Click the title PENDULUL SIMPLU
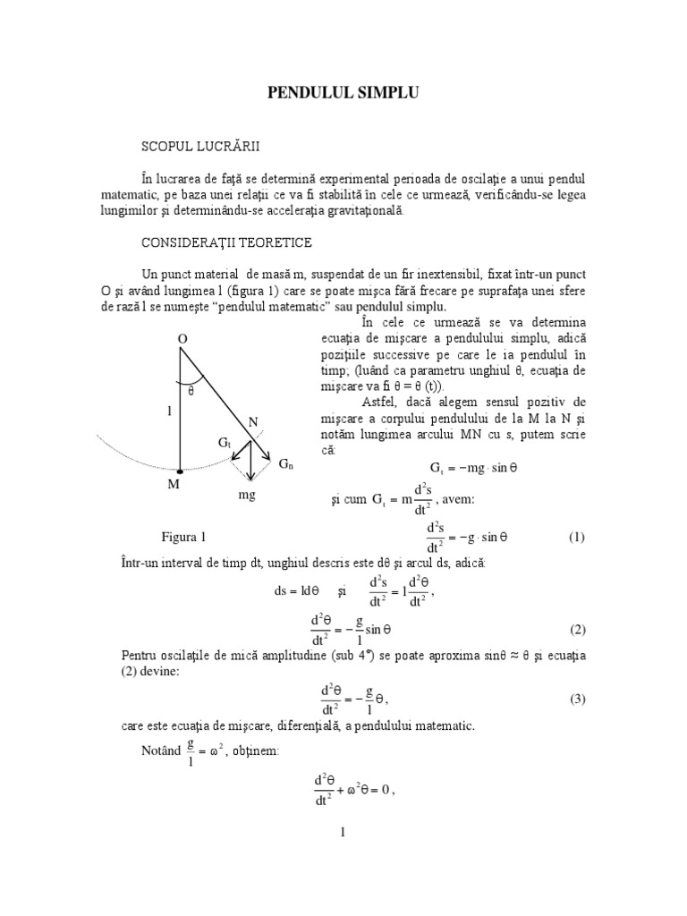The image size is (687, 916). pos(343,92)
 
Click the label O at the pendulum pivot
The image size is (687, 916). pos(182,340)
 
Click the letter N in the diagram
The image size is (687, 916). pos(253,420)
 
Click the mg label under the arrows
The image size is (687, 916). pos(247,493)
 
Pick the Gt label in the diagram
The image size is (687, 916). pos(225,444)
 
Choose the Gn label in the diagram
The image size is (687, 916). pos(285,465)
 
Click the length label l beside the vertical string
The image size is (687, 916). pos(167,413)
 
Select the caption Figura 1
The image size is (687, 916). pos(183,538)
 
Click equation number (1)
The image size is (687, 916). pos(576,538)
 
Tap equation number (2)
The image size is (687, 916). pos(576,630)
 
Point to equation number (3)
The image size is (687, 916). pos(576,700)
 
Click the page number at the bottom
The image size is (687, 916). pos(343,832)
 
